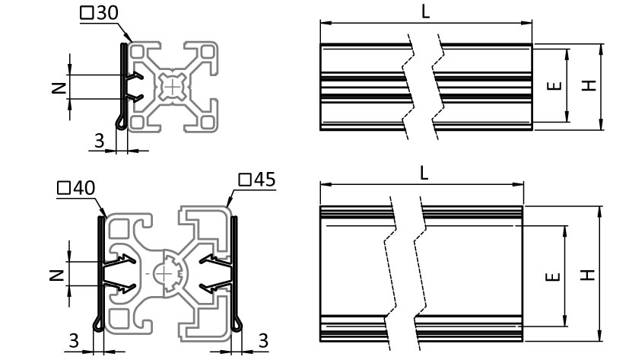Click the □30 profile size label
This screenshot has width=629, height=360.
(x=99, y=13)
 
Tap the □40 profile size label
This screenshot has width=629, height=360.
(x=76, y=188)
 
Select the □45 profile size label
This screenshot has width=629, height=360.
(x=257, y=180)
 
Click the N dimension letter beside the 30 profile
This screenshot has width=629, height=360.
(x=59, y=87)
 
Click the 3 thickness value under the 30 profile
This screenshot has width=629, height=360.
(x=99, y=141)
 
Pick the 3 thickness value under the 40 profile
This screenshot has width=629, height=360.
(x=74, y=341)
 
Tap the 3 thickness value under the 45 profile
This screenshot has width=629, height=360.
(x=263, y=341)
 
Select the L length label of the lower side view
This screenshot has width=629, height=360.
(x=424, y=173)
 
